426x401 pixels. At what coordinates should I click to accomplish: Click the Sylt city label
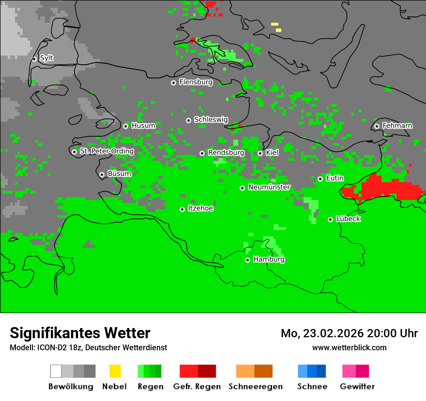(46, 58)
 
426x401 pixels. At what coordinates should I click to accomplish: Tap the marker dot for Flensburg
(173, 83)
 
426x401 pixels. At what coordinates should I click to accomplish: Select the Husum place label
(143, 126)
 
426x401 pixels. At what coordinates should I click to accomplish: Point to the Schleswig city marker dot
(188, 120)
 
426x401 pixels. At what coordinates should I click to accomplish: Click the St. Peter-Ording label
(106, 151)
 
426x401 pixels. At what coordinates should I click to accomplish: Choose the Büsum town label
(119, 174)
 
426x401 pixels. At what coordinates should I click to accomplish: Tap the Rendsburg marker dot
(202, 153)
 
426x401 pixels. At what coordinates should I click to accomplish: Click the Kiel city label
(272, 153)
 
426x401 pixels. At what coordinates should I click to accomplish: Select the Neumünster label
(269, 187)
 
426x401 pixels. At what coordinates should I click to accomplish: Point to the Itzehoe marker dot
(182, 209)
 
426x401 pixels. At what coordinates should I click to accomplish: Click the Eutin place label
(335, 178)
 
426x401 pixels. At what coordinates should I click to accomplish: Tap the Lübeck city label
(348, 219)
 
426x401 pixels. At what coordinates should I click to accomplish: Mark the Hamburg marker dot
(247, 260)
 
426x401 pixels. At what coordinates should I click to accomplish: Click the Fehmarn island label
(397, 126)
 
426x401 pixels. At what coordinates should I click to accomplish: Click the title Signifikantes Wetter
(80, 333)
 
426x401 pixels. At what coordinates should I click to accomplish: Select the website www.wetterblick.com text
(349, 347)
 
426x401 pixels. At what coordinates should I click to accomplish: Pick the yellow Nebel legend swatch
(115, 371)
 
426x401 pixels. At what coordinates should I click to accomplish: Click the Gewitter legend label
(357, 387)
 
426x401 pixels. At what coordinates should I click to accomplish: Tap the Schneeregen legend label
(256, 387)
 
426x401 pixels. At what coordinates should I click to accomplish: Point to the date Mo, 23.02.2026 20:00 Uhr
(349, 333)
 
